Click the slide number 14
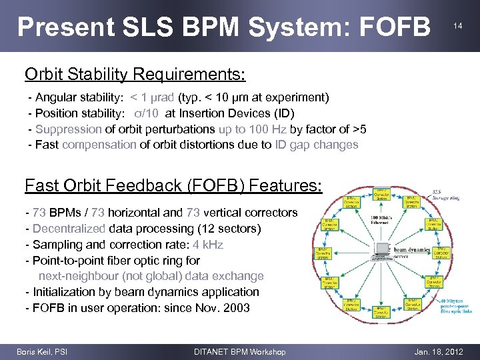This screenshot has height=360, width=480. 457,26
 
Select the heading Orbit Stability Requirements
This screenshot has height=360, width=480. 135,73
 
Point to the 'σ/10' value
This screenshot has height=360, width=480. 147,113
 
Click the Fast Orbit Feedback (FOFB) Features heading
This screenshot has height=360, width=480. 173,185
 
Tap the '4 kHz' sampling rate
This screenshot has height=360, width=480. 208,244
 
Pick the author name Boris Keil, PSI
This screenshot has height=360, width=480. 41,351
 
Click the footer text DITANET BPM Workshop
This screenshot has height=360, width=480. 239,351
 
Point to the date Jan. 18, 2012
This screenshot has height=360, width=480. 439,351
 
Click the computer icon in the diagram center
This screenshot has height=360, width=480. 383,251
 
